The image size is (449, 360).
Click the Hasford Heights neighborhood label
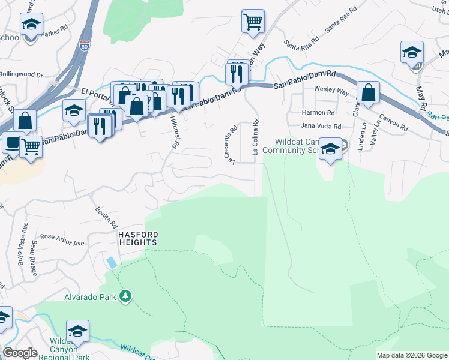pyautogui.click(x=137, y=238)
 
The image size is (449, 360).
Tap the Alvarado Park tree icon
pyautogui.click(x=125, y=296)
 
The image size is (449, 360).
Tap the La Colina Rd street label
pyautogui.click(x=255, y=138)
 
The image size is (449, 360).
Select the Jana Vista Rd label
pyautogui.click(x=321, y=127)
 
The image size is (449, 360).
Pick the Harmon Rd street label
pyautogui.click(x=318, y=112)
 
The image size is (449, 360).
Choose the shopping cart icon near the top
pyautogui.click(x=253, y=22)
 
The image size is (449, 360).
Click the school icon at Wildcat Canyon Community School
pyautogui.click(x=330, y=149)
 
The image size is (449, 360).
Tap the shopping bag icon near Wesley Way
pyautogui.click(x=368, y=93)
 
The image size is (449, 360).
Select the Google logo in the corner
pyautogui.click(x=20, y=353)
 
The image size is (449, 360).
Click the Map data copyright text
pyautogui.click(x=411, y=355)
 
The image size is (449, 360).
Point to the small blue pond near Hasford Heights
pyautogui.click(x=112, y=262)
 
